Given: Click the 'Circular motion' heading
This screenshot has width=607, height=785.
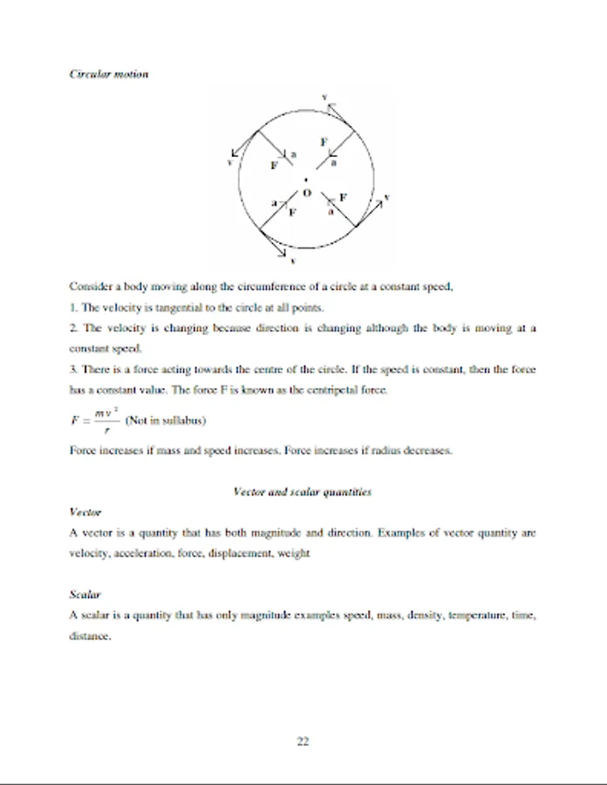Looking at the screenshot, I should (109, 74).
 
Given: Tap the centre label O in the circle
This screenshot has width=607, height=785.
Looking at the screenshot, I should (307, 193).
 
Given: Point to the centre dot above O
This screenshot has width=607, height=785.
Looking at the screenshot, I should (306, 181).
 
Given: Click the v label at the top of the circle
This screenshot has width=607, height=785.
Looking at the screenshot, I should (324, 96).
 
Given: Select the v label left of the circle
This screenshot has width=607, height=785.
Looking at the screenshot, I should (229, 160).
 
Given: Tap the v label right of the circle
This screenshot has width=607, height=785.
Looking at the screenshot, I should (386, 198).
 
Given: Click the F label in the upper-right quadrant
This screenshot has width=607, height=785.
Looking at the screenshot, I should (324, 141).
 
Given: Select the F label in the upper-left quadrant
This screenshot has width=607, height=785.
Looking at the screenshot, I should (274, 164).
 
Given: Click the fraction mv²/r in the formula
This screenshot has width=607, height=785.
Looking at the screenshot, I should (106, 420).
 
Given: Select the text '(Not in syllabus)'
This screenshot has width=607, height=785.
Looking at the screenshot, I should (166, 420).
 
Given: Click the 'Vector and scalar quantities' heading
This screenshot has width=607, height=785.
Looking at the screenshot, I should (303, 492).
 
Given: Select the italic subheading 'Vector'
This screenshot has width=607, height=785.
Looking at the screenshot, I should (85, 512).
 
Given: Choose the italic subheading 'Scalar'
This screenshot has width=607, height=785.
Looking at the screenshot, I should (85, 595).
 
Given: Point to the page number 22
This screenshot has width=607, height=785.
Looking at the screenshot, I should (303, 742).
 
